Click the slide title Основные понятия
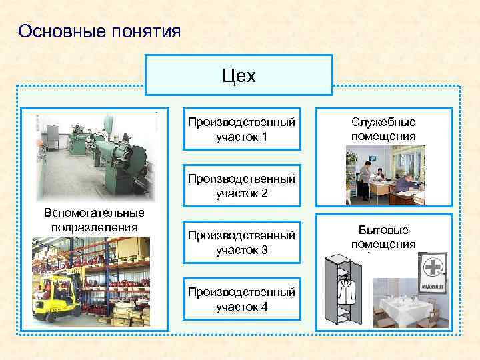99,31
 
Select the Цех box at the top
239,76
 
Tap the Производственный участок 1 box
241,129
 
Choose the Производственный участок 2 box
241,187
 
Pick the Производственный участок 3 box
241,243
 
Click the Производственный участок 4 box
241,299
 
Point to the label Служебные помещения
383,129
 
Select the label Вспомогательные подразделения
93,219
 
